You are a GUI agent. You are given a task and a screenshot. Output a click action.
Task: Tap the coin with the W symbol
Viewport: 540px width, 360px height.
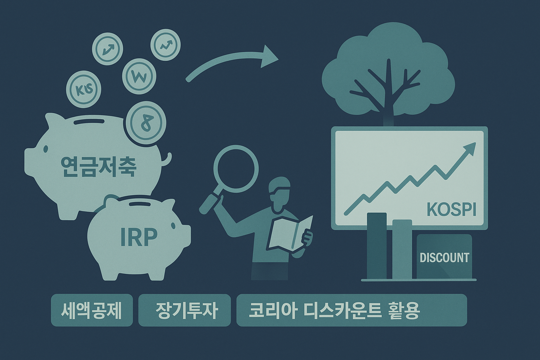pyautogui.click(x=139, y=76)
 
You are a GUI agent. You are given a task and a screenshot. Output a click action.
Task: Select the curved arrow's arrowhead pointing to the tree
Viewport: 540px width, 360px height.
pyautogui.click(x=269, y=57)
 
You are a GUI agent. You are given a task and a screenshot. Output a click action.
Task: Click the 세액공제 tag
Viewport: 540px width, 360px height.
pyautogui.click(x=92, y=310)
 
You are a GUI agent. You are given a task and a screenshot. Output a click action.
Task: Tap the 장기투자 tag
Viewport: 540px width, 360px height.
pyautogui.click(x=185, y=310)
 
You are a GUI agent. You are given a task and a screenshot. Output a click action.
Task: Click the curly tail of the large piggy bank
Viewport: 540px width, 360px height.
pyautogui.click(x=167, y=160)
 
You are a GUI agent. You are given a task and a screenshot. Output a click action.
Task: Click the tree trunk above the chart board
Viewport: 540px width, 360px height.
pyautogui.click(x=388, y=105)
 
